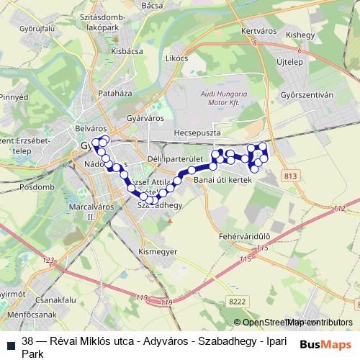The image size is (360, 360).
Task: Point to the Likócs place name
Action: tap(176, 58)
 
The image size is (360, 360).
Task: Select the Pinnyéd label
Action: tap(13, 96)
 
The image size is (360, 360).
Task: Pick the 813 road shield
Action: tap(291, 176)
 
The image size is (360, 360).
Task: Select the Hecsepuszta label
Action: tap(200, 135)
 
